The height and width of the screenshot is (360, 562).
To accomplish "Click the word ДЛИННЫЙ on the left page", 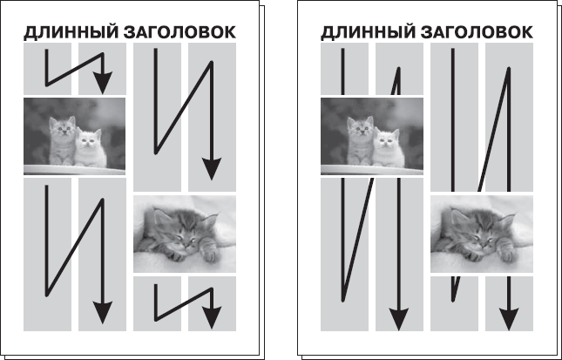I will [x=67, y=33].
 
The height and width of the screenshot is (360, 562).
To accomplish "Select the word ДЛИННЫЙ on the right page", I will [x=365, y=33].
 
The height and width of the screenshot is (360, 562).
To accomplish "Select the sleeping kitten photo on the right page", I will [x=482, y=234].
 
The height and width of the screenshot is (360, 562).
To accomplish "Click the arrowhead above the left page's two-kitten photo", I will [x=104, y=82].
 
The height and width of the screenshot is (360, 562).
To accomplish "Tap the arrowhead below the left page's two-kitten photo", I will [x=104, y=311].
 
